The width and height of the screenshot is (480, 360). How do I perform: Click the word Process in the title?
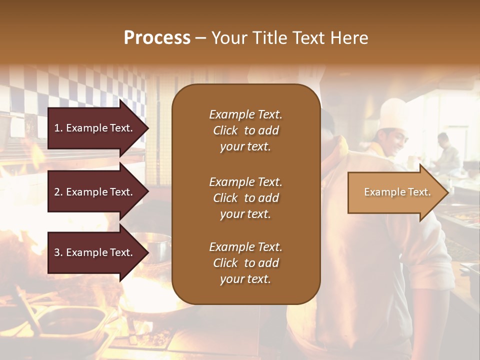click(x=157, y=38)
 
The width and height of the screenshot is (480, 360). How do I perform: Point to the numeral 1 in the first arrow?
click(x=57, y=128)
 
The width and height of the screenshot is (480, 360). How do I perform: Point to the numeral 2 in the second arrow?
click(x=57, y=192)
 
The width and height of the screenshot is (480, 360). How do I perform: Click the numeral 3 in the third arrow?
click(x=57, y=252)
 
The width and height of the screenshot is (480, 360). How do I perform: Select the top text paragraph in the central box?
click(x=245, y=130)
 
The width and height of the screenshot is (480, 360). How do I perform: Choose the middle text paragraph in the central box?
click(x=245, y=197)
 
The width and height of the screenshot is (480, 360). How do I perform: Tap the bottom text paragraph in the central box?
click(x=245, y=263)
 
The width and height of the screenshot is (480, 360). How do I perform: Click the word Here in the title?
click(x=349, y=38)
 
